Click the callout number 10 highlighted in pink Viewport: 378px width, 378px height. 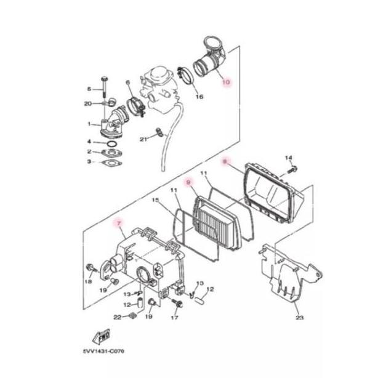click(x=225, y=81)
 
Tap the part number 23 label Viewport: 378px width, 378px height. click(x=299, y=318)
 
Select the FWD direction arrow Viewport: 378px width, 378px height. click(x=100, y=337)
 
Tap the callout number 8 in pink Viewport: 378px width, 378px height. click(x=225, y=161)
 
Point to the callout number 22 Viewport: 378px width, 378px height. click(x=117, y=317)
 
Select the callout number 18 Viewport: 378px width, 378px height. click(x=88, y=281)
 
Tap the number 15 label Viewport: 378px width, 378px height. click(x=155, y=201)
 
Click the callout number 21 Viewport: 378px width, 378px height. click(x=143, y=140)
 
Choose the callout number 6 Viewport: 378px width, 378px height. click(x=128, y=82)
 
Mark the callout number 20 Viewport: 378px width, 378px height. click(x=88, y=103)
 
